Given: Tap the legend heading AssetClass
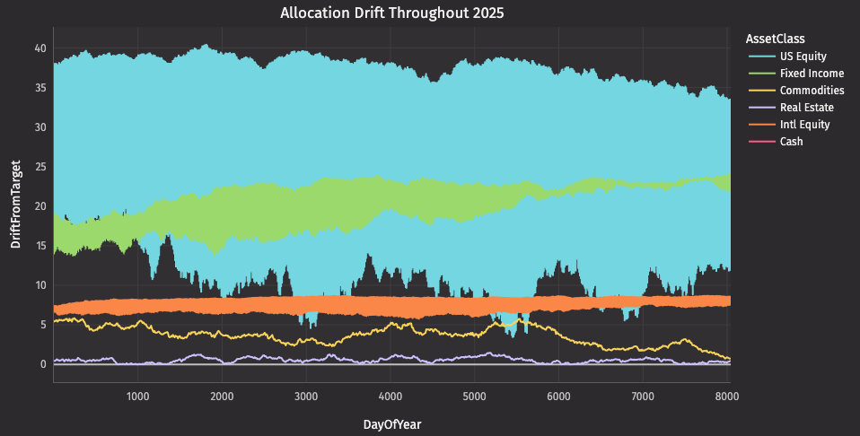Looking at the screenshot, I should tap(775, 39).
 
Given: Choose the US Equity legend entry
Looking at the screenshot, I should tap(803, 57).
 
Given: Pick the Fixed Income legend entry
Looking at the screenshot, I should tap(812, 74).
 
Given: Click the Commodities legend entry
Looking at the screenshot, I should tap(812, 91).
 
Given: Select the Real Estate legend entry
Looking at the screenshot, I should tap(807, 108).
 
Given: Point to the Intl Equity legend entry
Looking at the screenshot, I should tap(804, 125).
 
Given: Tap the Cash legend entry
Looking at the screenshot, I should tap(791, 142).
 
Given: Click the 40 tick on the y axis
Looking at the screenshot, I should tap(40, 48).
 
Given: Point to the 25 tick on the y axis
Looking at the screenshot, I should tap(40, 167).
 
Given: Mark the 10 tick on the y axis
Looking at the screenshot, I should tap(40, 285).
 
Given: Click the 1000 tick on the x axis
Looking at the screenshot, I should tap(137, 397).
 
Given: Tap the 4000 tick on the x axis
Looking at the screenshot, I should tap(391, 397).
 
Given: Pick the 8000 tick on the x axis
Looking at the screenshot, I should tap(727, 397).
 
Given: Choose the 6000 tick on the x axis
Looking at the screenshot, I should tap(559, 397).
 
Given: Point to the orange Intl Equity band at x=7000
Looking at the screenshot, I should tap(643, 302).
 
